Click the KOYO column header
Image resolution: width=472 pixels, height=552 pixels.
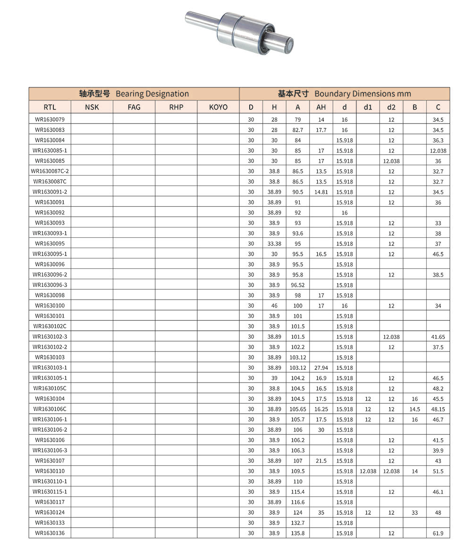click(218, 107)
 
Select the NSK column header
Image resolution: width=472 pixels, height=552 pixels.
click(92, 107)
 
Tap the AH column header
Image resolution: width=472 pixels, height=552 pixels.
click(321, 107)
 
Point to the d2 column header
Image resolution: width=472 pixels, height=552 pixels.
click(391, 107)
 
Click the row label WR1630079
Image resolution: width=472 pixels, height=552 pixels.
click(50, 119)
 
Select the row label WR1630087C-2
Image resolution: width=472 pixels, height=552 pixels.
click(50, 171)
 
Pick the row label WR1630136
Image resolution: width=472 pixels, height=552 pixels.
click(50, 533)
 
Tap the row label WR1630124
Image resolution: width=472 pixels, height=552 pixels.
click(50, 512)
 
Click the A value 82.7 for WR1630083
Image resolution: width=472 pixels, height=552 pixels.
click(298, 130)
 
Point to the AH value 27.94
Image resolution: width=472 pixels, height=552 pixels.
click(321, 368)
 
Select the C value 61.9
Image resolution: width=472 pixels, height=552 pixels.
click(438, 533)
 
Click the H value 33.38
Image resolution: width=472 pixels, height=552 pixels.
click(274, 243)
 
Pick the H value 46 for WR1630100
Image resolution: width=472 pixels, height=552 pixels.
click(274, 306)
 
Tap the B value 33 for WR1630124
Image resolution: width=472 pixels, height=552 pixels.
click(414, 512)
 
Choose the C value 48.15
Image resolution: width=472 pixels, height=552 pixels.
click(438, 409)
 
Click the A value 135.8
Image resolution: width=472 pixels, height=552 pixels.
click(298, 533)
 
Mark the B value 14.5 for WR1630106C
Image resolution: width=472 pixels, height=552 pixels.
click(414, 409)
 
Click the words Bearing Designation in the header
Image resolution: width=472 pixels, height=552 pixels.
click(152, 94)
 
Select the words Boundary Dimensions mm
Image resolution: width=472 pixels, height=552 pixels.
click(362, 94)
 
